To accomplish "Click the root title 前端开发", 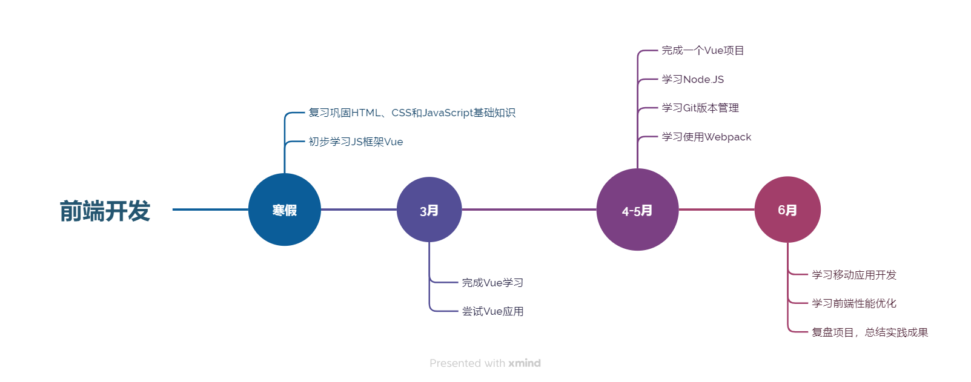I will [x=105, y=211].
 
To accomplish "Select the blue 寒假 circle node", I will [x=284, y=209].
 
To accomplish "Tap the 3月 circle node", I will [x=429, y=209].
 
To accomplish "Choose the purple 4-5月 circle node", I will [x=637, y=209].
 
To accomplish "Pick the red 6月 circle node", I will [x=787, y=209].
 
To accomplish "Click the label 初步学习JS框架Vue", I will [x=356, y=142].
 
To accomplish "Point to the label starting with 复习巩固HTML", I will [x=412, y=113].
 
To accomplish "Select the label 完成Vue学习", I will [x=492, y=283].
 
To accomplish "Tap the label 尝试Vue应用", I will [x=492, y=311].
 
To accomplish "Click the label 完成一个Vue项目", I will [x=703, y=50].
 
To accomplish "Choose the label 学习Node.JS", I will [x=692, y=79].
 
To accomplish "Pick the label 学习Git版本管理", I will [x=700, y=108].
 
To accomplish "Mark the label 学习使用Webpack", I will [x=706, y=137].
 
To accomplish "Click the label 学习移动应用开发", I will [x=854, y=275].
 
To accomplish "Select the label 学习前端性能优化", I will [x=854, y=303].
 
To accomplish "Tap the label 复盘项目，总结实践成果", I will [x=870, y=332].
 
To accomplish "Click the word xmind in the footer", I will [x=525, y=363].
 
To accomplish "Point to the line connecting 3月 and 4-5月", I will [x=529, y=209].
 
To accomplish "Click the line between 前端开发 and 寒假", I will [x=210, y=209].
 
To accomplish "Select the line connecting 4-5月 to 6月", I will [x=717, y=209].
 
